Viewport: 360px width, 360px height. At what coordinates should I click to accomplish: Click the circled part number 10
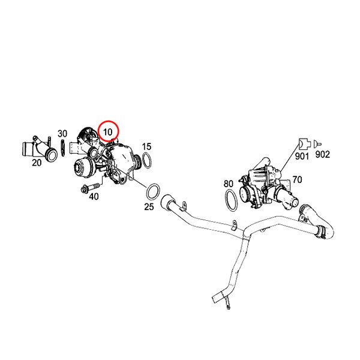107,132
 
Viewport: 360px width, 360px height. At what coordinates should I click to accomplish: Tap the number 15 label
147,146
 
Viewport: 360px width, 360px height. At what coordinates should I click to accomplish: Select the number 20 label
37,163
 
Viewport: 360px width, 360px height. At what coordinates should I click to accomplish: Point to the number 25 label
149,207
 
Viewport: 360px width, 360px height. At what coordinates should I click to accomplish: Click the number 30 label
62,133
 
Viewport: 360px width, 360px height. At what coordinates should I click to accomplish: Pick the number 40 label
94,197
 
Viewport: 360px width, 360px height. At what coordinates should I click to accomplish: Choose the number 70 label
297,179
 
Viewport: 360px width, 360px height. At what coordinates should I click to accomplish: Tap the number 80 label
229,184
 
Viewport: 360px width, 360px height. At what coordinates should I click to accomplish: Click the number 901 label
302,156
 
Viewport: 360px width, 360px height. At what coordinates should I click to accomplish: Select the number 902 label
323,154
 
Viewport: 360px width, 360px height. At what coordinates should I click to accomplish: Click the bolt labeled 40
91,187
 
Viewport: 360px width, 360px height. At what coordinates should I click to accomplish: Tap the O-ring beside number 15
147,160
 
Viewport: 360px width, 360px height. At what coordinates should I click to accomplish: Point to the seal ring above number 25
153,192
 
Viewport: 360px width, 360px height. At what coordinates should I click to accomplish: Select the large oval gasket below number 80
231,200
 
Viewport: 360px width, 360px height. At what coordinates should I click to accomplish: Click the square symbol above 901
305,144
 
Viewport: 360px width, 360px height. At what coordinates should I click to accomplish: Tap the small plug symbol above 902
317,144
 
